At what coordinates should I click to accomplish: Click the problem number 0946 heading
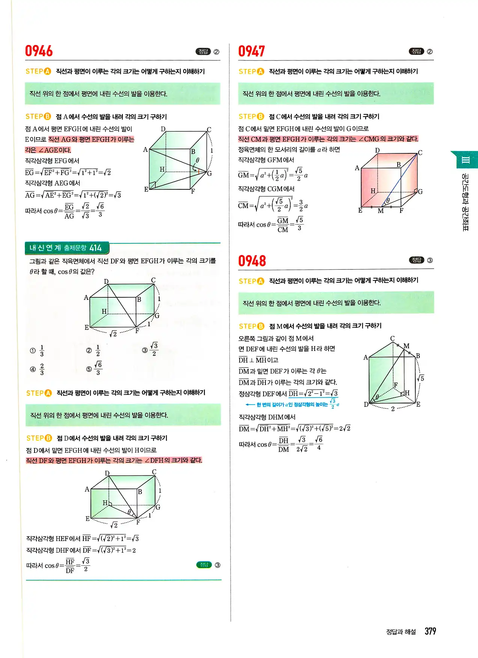[x=39, y=51]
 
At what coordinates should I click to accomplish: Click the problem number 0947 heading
[x=252, y=51]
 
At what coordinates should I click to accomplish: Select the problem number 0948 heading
[x=252, y=261]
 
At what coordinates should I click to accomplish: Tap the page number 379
[x=430, y=631]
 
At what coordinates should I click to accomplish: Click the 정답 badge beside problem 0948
[x=416, y=260]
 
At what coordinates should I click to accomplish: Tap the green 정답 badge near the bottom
[x=204, y=565]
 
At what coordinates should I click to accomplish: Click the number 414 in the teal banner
[x=95, y=248]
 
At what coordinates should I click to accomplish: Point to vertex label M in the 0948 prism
[x=406, y=346]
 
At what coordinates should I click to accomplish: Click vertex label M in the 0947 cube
[x=381, y=211]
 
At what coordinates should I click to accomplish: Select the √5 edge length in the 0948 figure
[x=421, y=378]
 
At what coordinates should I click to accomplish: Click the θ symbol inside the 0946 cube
[x=198, y=160]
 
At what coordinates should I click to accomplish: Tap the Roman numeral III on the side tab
[x=466, y=160]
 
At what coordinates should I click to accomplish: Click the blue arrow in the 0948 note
[x=250, y=405]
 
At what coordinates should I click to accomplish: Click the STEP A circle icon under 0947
[x=261, y=71]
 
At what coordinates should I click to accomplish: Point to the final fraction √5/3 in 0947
[x=299, y=224]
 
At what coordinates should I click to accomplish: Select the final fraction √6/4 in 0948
[x=319, y=444]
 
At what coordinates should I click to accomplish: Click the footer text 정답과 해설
[x=401, y=632]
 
